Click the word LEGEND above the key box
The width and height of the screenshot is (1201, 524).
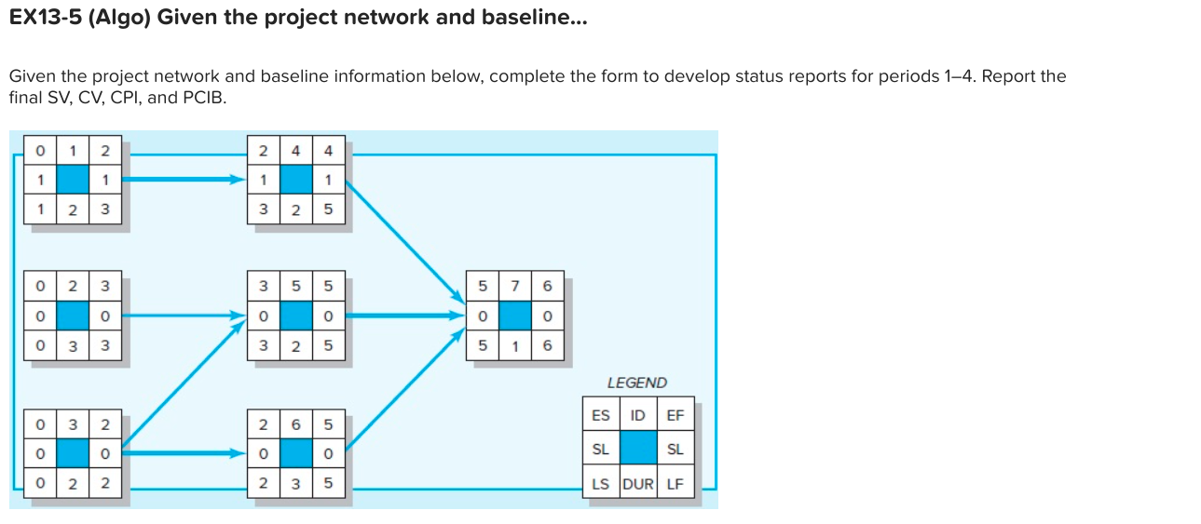pyautogui.click(x=636, y=383)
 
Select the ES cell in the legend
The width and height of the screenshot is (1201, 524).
pyautogui.click(x=600, y=415)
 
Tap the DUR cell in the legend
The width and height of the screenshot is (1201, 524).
pyautogui.click(x=638, y=484)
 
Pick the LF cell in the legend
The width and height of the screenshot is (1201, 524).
pyautogui.click(x=676, y=484)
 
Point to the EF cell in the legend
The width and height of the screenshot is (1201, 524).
pyautogui.click(x=676, y=415)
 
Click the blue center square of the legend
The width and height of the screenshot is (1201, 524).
pyautogui.click(x=638, y=450)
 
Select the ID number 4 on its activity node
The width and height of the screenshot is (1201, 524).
pyautogui.click(x=295, y=151)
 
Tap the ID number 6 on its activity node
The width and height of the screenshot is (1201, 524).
pyautogui.click(x=295, y=424)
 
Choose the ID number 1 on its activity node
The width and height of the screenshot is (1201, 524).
pyautogui.click(x=74, y=151)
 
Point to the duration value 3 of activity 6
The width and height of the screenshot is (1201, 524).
pyautogui.click(x=295, y=484)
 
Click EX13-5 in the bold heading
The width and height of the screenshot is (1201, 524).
pyautogui.click(x=50, y=19)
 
